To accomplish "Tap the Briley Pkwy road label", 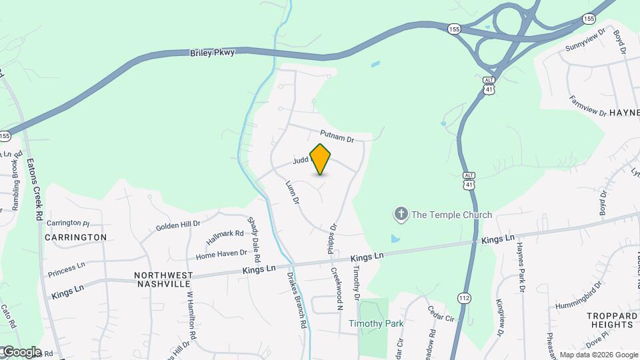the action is click(x=213, y=52).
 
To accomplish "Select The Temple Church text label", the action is click(x=451, y=215).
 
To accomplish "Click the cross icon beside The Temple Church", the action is click(x=401, y=215).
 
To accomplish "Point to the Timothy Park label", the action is click(x=376, y=324).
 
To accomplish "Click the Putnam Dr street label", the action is click(x=337, y=136).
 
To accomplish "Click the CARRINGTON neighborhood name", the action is click(x=75, y=237).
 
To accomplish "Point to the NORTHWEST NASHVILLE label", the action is click(x=163, y=279).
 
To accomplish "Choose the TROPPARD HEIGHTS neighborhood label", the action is click(x=610, y=320).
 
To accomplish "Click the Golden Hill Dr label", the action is click(x=178, y=225).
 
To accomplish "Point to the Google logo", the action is click(x=21, y=351).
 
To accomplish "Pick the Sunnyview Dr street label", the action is click(x=585, y=41).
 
